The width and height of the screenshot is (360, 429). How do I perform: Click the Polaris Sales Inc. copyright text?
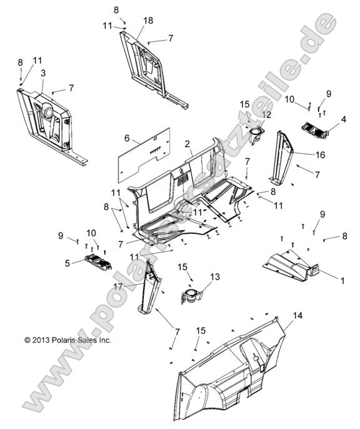coord(67,340)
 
